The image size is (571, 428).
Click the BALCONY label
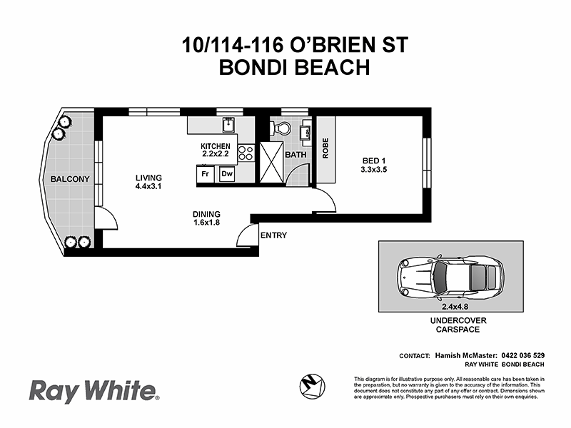69,179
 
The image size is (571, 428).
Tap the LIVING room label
149,178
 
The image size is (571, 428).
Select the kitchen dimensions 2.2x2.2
215,153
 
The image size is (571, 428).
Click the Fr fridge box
205,173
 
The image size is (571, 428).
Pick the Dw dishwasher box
226,173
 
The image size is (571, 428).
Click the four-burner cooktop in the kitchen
246,153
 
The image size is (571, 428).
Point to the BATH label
295,154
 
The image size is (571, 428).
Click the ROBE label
325,148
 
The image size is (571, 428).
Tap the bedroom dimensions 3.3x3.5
373,170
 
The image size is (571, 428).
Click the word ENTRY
273,235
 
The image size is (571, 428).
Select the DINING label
206,214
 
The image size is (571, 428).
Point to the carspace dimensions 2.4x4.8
450,305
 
